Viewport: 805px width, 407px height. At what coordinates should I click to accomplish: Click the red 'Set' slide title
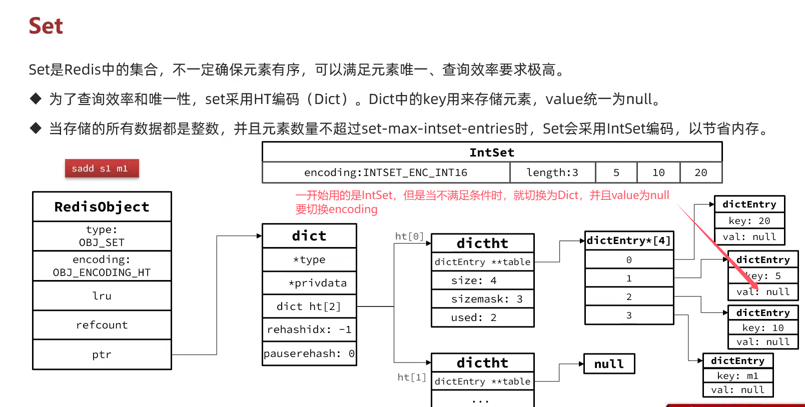tap(46, 26)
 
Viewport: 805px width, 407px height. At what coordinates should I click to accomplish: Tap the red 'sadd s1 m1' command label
tap(102, 168)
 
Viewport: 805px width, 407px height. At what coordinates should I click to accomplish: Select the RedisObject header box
tap(102, 206)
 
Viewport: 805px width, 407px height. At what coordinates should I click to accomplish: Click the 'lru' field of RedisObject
tap(102, 295)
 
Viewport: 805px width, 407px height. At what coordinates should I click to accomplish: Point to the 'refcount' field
tap(102, 325)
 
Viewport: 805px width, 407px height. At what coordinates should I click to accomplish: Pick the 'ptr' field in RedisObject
tap(102, 354)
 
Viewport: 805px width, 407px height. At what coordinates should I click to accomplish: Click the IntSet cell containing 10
tap(658, 172)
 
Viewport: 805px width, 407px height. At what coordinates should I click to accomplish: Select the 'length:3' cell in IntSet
tap(552, 172)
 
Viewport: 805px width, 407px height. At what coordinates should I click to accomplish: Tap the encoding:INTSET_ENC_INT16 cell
tap(386, 172)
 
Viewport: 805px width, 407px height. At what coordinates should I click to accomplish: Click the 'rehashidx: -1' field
tap(309, 329)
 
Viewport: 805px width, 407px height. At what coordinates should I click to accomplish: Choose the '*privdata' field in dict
tap(309, 283)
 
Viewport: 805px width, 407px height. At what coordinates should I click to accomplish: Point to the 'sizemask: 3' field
tap(483, 299)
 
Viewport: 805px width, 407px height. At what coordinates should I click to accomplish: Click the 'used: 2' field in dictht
tap(483, 317)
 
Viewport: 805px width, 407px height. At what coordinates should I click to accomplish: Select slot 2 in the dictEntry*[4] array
tap(629, 296)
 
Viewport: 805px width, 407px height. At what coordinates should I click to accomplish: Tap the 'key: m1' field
tap(738, 375)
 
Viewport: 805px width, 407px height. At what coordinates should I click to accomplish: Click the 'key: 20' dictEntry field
tap(749, 220)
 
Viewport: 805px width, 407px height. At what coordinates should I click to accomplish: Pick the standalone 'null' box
tap(609, 364)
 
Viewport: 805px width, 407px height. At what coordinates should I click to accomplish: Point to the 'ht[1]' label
tap(412, 377)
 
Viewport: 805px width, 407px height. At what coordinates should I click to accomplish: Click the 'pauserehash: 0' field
tap(309, 353)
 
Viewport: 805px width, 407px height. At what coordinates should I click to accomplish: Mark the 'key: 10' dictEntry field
tap(763, 327)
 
